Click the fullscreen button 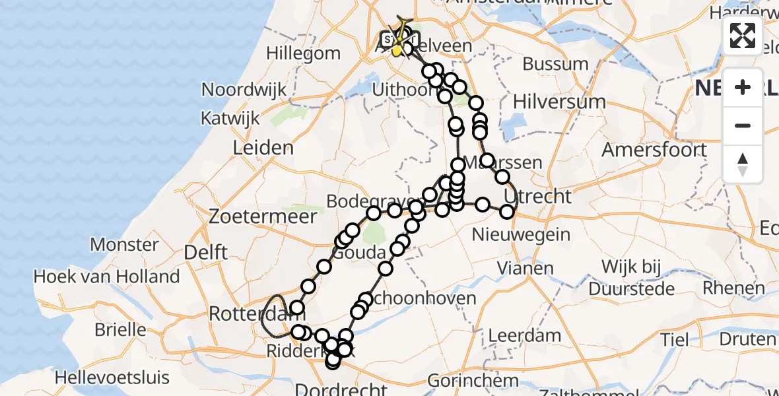(x=743, y=36)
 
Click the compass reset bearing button (x=743, y=164)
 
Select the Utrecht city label (x=537, y=197)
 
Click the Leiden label (x=263, y=148)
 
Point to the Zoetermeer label (x=250, y=216)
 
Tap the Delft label (x=206, y=252)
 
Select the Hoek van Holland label (x=106, y=277)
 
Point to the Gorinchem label (x=473, y=381)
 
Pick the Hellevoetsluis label (x=112, y=378)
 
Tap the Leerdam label (x=525, y=335)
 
